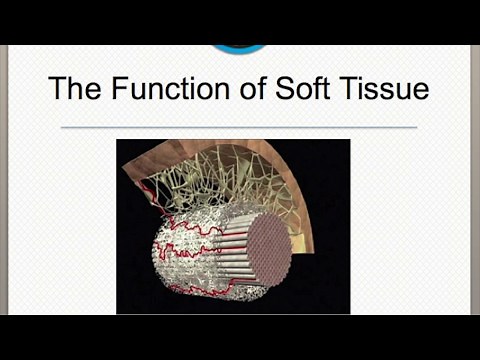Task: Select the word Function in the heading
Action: tap(167, 89)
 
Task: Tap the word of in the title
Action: tap(255, 89)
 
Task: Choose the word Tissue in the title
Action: tap(393, 89)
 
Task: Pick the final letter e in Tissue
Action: tap(422, 92)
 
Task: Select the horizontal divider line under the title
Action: tap(239, 128)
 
